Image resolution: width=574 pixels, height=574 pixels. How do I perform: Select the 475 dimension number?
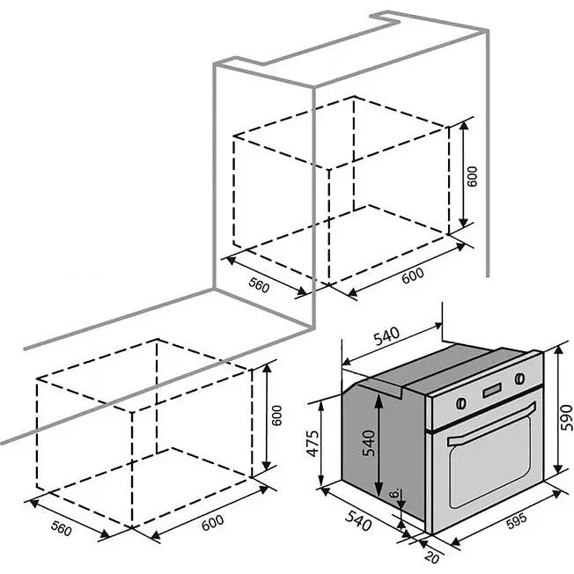313,444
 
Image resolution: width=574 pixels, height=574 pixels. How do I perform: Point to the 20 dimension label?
432,557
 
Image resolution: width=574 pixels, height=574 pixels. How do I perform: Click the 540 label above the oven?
386,336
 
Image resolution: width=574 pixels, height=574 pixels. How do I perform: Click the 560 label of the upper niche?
259,285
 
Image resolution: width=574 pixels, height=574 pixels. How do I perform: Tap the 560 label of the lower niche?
61,528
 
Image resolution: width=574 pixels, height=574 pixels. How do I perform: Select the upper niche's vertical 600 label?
473,177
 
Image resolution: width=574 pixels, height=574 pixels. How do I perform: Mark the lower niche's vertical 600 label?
277,416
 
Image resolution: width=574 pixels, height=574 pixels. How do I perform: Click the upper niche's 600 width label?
413,276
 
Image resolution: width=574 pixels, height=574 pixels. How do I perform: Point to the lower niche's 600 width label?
213,523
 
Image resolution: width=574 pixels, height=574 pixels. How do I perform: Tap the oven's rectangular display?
492,391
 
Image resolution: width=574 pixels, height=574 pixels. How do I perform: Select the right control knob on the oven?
519,379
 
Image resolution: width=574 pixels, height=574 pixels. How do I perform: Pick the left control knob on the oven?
461,403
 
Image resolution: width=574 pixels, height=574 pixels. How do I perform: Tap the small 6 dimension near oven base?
394,493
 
